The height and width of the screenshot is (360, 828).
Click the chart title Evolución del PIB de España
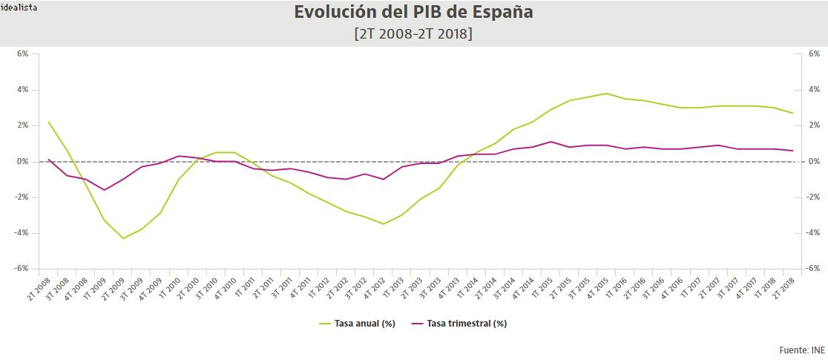point(414,13)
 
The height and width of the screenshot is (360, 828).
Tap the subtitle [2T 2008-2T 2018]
point(414,34)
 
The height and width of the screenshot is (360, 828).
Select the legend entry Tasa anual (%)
point(357,324)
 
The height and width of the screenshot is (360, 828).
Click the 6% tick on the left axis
point(23,54)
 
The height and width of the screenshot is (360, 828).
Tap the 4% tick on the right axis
point(812,90)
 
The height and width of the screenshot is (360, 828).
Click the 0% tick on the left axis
point(23,161)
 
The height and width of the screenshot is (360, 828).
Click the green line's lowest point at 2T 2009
point(123,238)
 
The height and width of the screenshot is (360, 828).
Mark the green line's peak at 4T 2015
point(607,94)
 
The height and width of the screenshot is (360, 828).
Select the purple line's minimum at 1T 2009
point(105,190)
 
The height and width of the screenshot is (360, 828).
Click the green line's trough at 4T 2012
point(384,224)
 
